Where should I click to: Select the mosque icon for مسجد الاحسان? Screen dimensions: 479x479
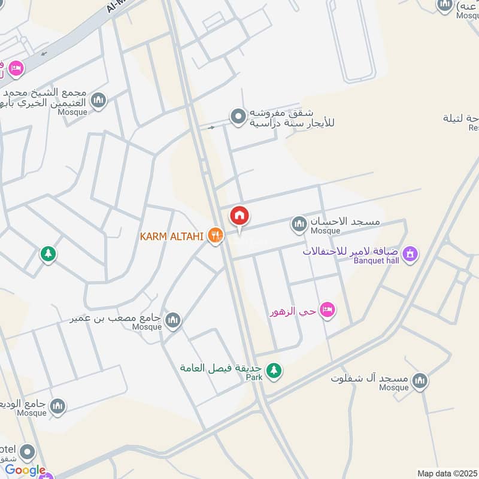coord(299,225)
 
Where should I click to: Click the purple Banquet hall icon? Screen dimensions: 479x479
coord(410,254)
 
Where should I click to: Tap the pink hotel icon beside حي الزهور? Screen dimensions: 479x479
coord(327,310)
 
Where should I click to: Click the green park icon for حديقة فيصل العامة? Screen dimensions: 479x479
coord(274,371)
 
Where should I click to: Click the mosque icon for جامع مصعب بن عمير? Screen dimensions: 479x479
coord(172,320)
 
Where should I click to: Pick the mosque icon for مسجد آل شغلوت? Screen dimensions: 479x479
coord(420,380)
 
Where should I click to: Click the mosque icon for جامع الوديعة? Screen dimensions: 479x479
coord(57,407)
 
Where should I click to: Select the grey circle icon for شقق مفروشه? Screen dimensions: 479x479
coord(238,116)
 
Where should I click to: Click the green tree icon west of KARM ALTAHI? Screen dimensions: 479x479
coord(48,254)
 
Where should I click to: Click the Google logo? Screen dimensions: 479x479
coord(25,470)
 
